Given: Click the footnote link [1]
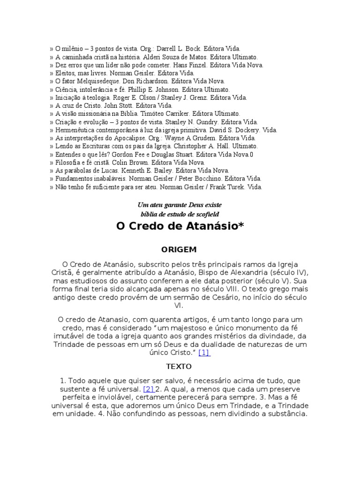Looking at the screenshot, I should (x=204, y=352).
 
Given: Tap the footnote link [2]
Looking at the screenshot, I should (x=149, y=389).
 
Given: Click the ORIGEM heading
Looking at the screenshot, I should (x=180, y=249).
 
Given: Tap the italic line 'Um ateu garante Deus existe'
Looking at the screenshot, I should (x=180, y=205).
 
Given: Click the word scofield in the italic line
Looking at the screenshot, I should (x=207, y=214).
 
